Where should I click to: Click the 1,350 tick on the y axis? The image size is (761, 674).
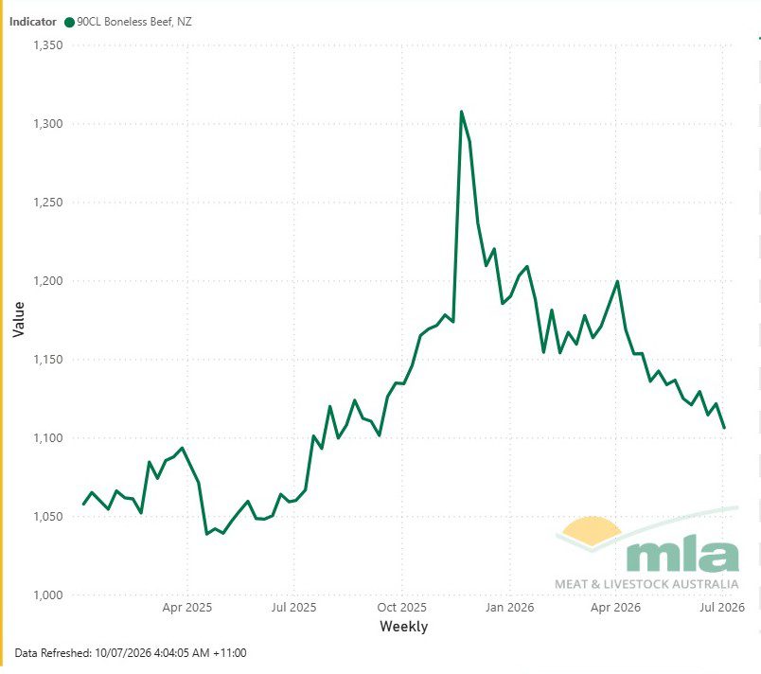(47, 45)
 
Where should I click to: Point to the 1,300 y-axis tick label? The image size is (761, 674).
(47, 124)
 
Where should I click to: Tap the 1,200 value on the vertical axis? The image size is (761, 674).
(47, 281)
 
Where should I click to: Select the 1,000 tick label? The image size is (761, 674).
(47, 594)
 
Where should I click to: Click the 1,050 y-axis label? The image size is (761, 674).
(47, 516)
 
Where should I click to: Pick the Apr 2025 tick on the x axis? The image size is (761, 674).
(186, 608)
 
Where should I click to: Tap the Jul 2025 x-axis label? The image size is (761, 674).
(293, 608)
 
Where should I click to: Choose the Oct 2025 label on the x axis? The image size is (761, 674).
(402, 608)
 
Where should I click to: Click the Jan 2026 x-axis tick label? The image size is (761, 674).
(509, 608)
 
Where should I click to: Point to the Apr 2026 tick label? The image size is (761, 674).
(615, 608)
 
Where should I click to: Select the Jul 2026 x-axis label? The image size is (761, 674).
(722, 608)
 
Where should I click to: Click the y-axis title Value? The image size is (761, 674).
(18, 319)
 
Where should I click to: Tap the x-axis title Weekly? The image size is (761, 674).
(404, 627)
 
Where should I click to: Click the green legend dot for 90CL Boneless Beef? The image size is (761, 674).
(69, 23)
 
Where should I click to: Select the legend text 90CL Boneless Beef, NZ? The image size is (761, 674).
(134, 22)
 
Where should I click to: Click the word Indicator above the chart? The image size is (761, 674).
(32, 22)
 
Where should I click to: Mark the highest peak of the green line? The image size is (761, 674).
(461, 112)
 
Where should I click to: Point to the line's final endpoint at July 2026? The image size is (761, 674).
(724, 428)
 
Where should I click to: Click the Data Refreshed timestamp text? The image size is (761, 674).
(131, 653)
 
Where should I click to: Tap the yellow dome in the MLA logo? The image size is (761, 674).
(591, 527)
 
